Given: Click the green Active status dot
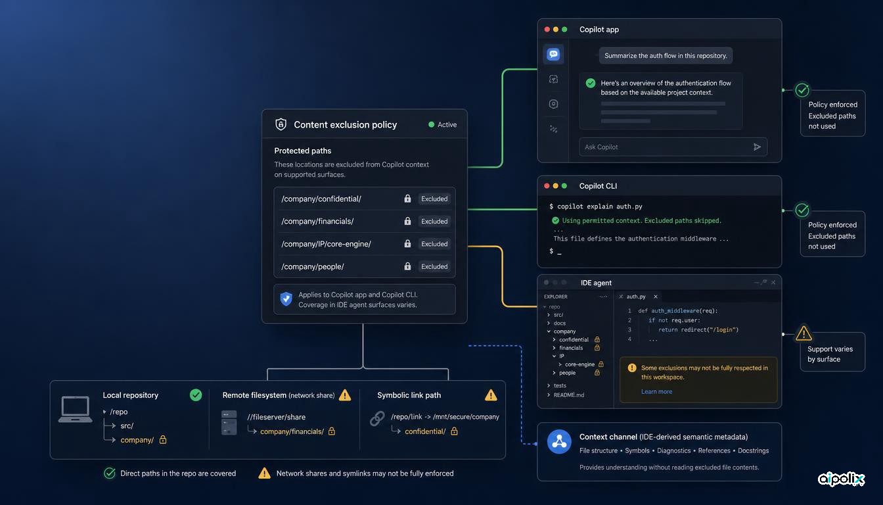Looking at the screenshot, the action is (431, 125).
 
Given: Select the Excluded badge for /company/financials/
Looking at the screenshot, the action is (434, 222).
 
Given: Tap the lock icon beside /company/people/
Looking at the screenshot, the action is (407, 266).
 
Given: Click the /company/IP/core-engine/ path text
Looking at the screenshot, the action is (326, 244).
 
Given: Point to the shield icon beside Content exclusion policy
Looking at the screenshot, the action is (281, 124).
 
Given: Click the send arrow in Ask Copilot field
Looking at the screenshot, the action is (757, 147).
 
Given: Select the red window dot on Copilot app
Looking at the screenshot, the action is (547, 29).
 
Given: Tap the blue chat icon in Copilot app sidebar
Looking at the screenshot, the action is (553, 54).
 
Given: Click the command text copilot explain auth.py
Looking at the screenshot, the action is (600, 206).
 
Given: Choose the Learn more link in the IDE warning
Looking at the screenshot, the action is (656, 391).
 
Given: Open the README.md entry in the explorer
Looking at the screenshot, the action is (569, 395).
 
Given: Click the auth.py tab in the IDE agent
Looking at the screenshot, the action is (636, 297).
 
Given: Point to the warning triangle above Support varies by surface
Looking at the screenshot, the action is (804, 333).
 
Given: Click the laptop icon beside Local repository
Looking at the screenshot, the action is (76, 409).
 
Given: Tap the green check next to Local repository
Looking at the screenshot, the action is (196, 395).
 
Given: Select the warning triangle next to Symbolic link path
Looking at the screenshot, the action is (491, 395).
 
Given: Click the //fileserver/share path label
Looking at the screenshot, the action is (277, 417).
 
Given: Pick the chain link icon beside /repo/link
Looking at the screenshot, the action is (377, 418).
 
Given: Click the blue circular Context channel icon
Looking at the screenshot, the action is (559, 441).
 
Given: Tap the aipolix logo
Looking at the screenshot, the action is (841, 479).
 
